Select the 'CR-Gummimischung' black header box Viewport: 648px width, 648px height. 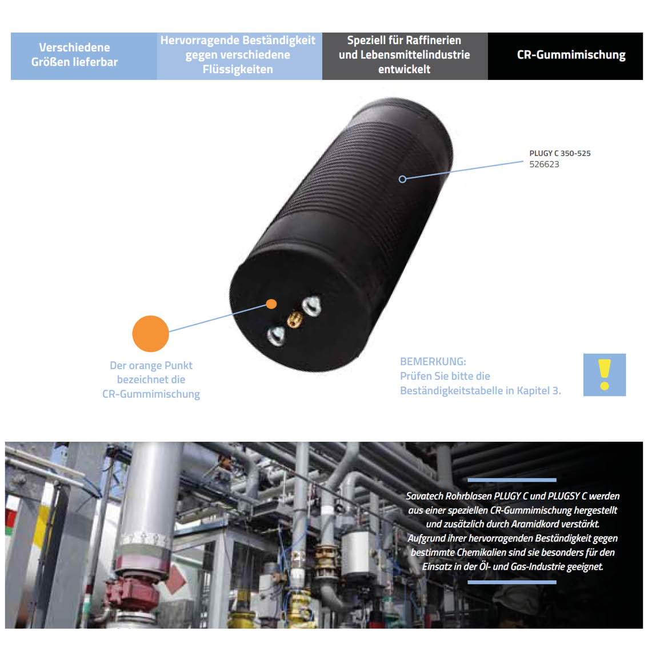tap(565, 55)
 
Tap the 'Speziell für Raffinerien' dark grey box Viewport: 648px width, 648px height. tap(405, 55)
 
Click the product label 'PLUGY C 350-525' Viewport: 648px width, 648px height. tap(559, 153)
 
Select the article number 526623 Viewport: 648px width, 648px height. tap(544, 165)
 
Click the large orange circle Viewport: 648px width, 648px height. tap(150, 334)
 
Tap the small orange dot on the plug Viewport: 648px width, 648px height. tap(271, 304)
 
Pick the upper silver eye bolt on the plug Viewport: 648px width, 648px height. tap(311, 306)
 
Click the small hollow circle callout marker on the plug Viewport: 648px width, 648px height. tap(402, 179)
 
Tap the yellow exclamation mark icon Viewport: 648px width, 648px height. tap(604, 375)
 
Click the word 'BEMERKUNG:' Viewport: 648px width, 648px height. tap(433, 362)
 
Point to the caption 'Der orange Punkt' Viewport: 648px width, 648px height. tap(151, 366)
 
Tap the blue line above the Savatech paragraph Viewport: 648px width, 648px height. tap(511, 480)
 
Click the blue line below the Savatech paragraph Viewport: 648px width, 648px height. tap(511, 582)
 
